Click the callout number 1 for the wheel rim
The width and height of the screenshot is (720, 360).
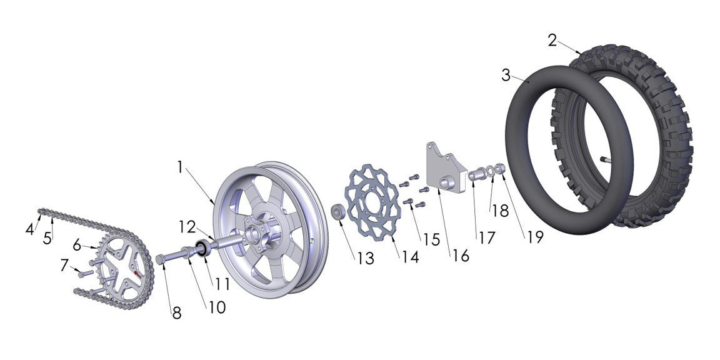180,167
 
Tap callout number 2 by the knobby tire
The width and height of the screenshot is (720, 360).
552,41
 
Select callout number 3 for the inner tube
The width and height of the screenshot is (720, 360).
506,76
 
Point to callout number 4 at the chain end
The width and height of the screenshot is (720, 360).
29,229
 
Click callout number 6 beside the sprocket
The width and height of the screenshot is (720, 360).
77,245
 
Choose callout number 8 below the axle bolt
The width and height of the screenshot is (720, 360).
177,312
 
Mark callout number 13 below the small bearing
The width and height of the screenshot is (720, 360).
366,258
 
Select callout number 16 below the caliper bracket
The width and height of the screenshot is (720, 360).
461,256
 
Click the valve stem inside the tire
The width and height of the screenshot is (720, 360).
606,160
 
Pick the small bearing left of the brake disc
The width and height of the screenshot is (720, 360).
337,212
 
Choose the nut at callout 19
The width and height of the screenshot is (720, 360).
500,169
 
